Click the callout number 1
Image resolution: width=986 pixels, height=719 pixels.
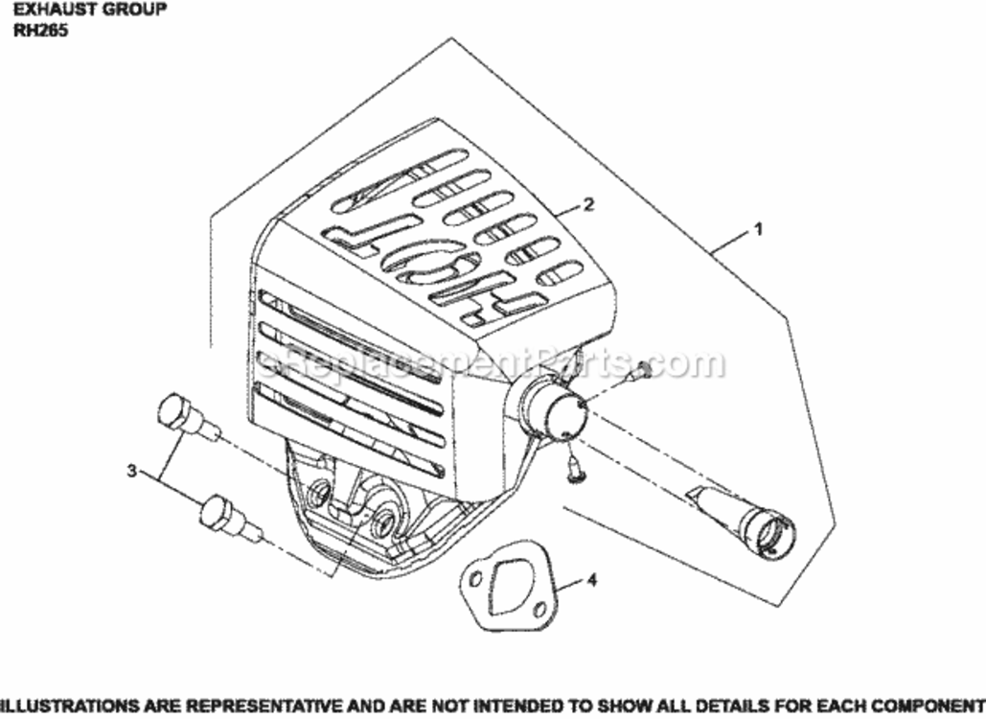[x=758, y=229]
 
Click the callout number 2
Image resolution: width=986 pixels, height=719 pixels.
[x=588, y=204]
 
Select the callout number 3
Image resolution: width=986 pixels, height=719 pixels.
[x=131, y=471]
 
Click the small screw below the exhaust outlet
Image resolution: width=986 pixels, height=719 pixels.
[x=573, y=468]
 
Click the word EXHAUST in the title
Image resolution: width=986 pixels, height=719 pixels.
[x=50, y=10]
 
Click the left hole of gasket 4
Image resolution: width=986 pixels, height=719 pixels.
[x=476, y=576]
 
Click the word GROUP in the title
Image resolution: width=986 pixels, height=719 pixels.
[x=134, y=10]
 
